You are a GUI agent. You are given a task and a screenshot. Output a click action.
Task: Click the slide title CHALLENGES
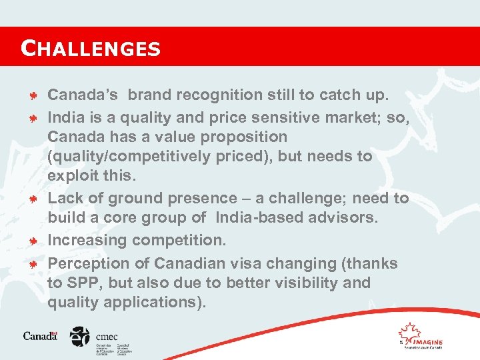point(91,48)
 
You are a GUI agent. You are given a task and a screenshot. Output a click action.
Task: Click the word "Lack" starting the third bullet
point(65,198)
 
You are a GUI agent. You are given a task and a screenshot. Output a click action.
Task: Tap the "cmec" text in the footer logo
point(107,337)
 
